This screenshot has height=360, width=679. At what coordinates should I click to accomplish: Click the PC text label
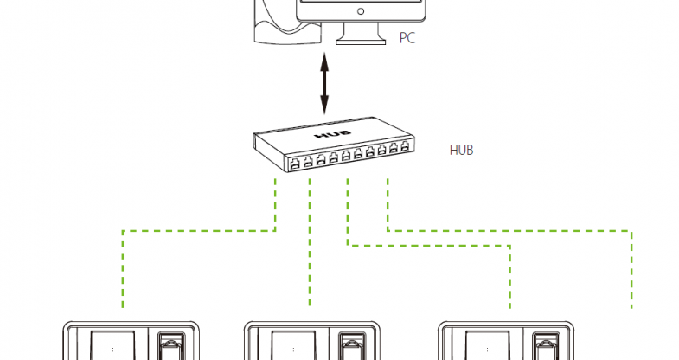pyautogui.click(x=407, y=38)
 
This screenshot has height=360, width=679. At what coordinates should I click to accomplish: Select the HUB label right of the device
pyautogui.click(x=461, y=150)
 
